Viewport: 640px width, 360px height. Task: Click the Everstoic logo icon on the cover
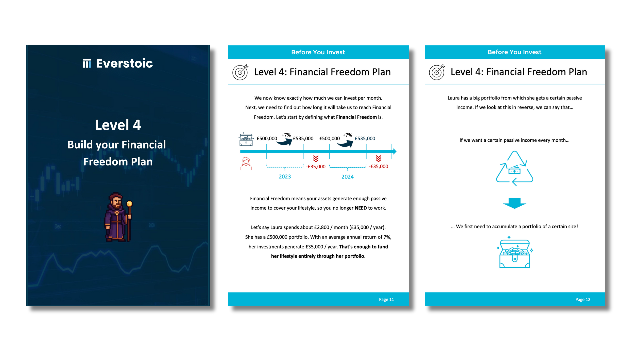coord(87,63)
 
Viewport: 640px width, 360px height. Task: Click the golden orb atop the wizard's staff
coord(129,203)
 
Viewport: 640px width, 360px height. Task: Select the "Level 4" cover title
coord(118,125)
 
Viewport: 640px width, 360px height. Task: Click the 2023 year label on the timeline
coord(285,177)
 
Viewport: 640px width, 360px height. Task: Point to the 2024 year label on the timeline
coord(347,177)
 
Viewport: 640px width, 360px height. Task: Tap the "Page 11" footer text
coord(386,299)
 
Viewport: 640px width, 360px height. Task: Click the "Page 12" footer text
coord(583,299)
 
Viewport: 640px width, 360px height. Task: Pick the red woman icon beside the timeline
coord(246,163)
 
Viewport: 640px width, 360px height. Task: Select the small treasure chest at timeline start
coord(246,139)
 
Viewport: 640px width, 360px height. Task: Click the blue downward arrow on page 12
coord(515,203)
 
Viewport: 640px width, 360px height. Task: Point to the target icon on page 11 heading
coord(240,72)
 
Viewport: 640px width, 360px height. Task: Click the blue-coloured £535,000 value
coord(365,138)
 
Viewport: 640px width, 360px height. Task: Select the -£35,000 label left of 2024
coord(316,167)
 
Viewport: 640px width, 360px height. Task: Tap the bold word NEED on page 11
coord(361,208)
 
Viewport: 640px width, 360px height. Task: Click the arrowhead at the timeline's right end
coord(394,151)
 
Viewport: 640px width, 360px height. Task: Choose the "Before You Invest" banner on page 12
coord(515,52)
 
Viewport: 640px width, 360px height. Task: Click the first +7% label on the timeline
coord(286,135)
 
